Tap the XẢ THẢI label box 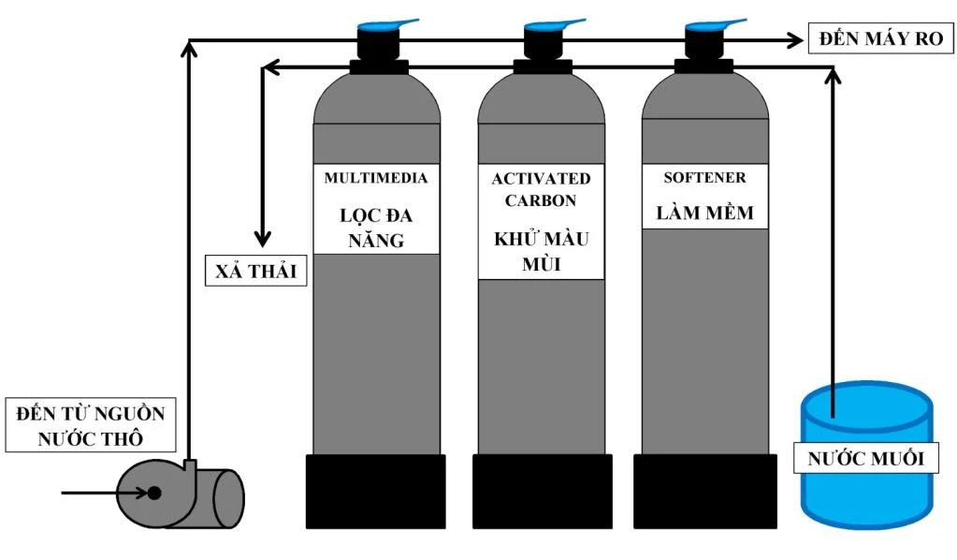click(x=255, y=272)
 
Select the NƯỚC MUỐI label click(x=865, y=459)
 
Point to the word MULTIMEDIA click(x=375, y=178)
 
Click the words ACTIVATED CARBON click(x=541, y=188)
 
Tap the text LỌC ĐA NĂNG click(x=375, y=228)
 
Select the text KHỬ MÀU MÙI click(x=541, y=251)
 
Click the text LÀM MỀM click(x=704, y=214)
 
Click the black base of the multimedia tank click(x=375, y=492)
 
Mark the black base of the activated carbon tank click(x=542, y=492)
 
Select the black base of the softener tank click(x=704, y=492)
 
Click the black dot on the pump click(x=154, y=493)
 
